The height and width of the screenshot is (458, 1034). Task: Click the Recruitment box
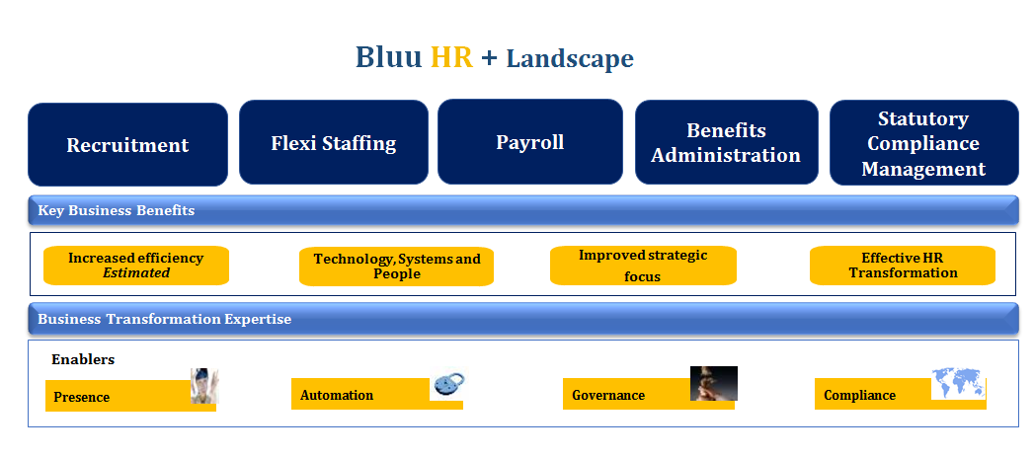[128, 144]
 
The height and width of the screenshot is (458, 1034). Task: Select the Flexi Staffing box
[334, 142]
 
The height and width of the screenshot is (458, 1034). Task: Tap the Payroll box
[530, 142]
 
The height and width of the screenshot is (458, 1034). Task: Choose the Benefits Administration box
[727, 142]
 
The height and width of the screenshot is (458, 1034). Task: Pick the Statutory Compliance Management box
[923, 143]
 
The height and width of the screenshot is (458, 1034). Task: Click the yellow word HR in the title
[451, 57]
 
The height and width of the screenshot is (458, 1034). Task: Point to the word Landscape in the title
[570, 58]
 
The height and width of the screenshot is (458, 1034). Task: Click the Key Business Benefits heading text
[117, 211]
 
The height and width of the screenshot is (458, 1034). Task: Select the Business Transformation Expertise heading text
[164, 320]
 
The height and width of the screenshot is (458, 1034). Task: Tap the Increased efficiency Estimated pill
[136, 266]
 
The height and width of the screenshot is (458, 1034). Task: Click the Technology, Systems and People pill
[396, 267]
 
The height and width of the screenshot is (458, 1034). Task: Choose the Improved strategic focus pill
[643, 266]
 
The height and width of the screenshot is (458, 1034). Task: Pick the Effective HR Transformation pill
[903, 266]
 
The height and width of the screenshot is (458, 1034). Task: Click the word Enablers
[83, 360]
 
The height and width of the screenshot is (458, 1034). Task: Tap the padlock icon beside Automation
[448, 384]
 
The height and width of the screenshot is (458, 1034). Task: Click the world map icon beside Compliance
[958, 384]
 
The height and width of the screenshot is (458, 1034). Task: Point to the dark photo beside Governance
[713, 384]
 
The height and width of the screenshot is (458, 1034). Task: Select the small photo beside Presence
[204, 386]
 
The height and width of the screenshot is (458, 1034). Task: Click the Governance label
[608, 396]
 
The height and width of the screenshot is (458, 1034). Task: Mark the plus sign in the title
[489, 58]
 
